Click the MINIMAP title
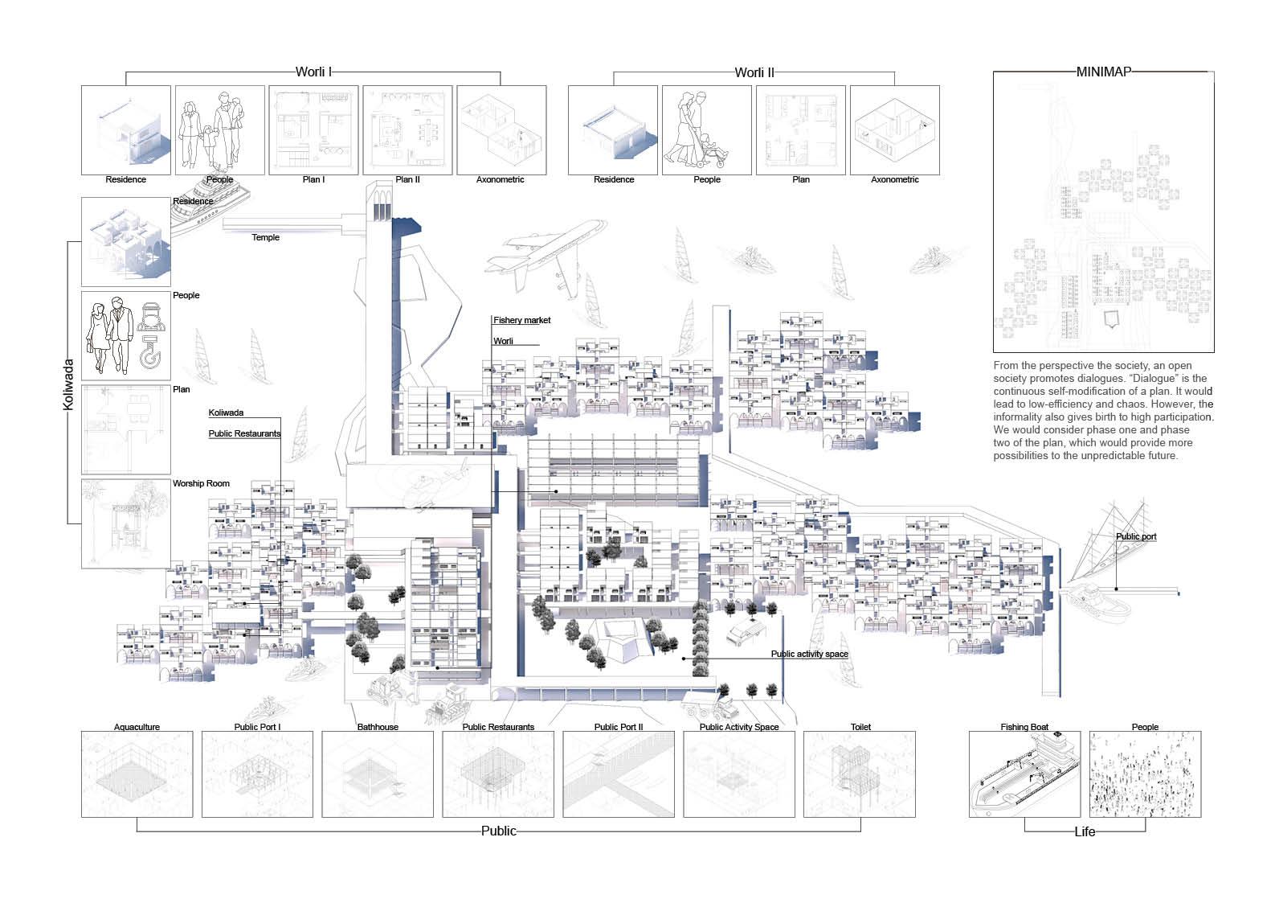click(x=1103, y=72)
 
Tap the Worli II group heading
click(x=754, y=72)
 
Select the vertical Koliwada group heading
click(x=68, y=384)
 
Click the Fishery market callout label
click(x=522, y=320)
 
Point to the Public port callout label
click(x=1136, y=536)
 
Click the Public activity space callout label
click(x=809, y=654)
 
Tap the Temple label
click(x=266, y=237)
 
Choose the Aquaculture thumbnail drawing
click(x=137, y=774)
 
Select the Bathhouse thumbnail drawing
click(x=378, y=774)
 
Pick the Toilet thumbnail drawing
click(x=860, y=774)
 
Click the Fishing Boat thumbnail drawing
click(x=1024, y=774)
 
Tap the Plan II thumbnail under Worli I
click(x=407, y=130)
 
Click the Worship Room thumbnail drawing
click(x=126, y=523)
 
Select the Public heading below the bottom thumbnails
click(x=498, y=831)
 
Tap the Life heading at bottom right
click(x=1085, y=831)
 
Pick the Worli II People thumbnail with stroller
click(x=706, y=130)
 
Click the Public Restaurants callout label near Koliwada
click(x=244, y=433)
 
